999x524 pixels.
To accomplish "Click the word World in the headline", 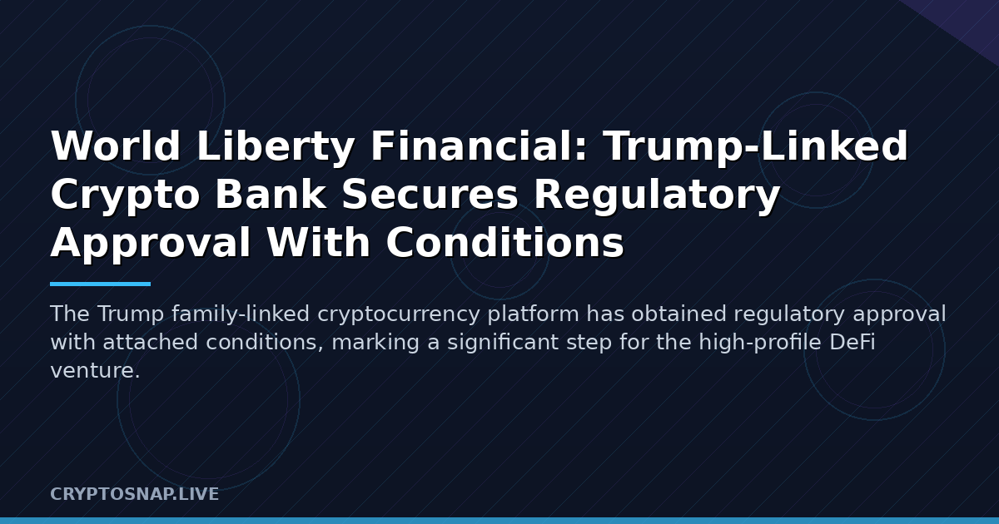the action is (116, 146).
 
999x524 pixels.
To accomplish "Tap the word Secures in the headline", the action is (430, 194).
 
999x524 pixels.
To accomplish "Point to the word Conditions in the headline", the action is (504, 241).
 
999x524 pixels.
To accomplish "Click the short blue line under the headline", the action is (101, 284).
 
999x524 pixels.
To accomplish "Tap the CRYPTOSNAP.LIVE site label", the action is (134, 494).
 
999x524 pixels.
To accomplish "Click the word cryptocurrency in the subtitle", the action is (399, 314).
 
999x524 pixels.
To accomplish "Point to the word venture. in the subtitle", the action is (96, 371).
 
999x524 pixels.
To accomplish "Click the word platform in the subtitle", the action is (533, 314).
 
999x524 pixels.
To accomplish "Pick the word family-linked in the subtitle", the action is (241, 314).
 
